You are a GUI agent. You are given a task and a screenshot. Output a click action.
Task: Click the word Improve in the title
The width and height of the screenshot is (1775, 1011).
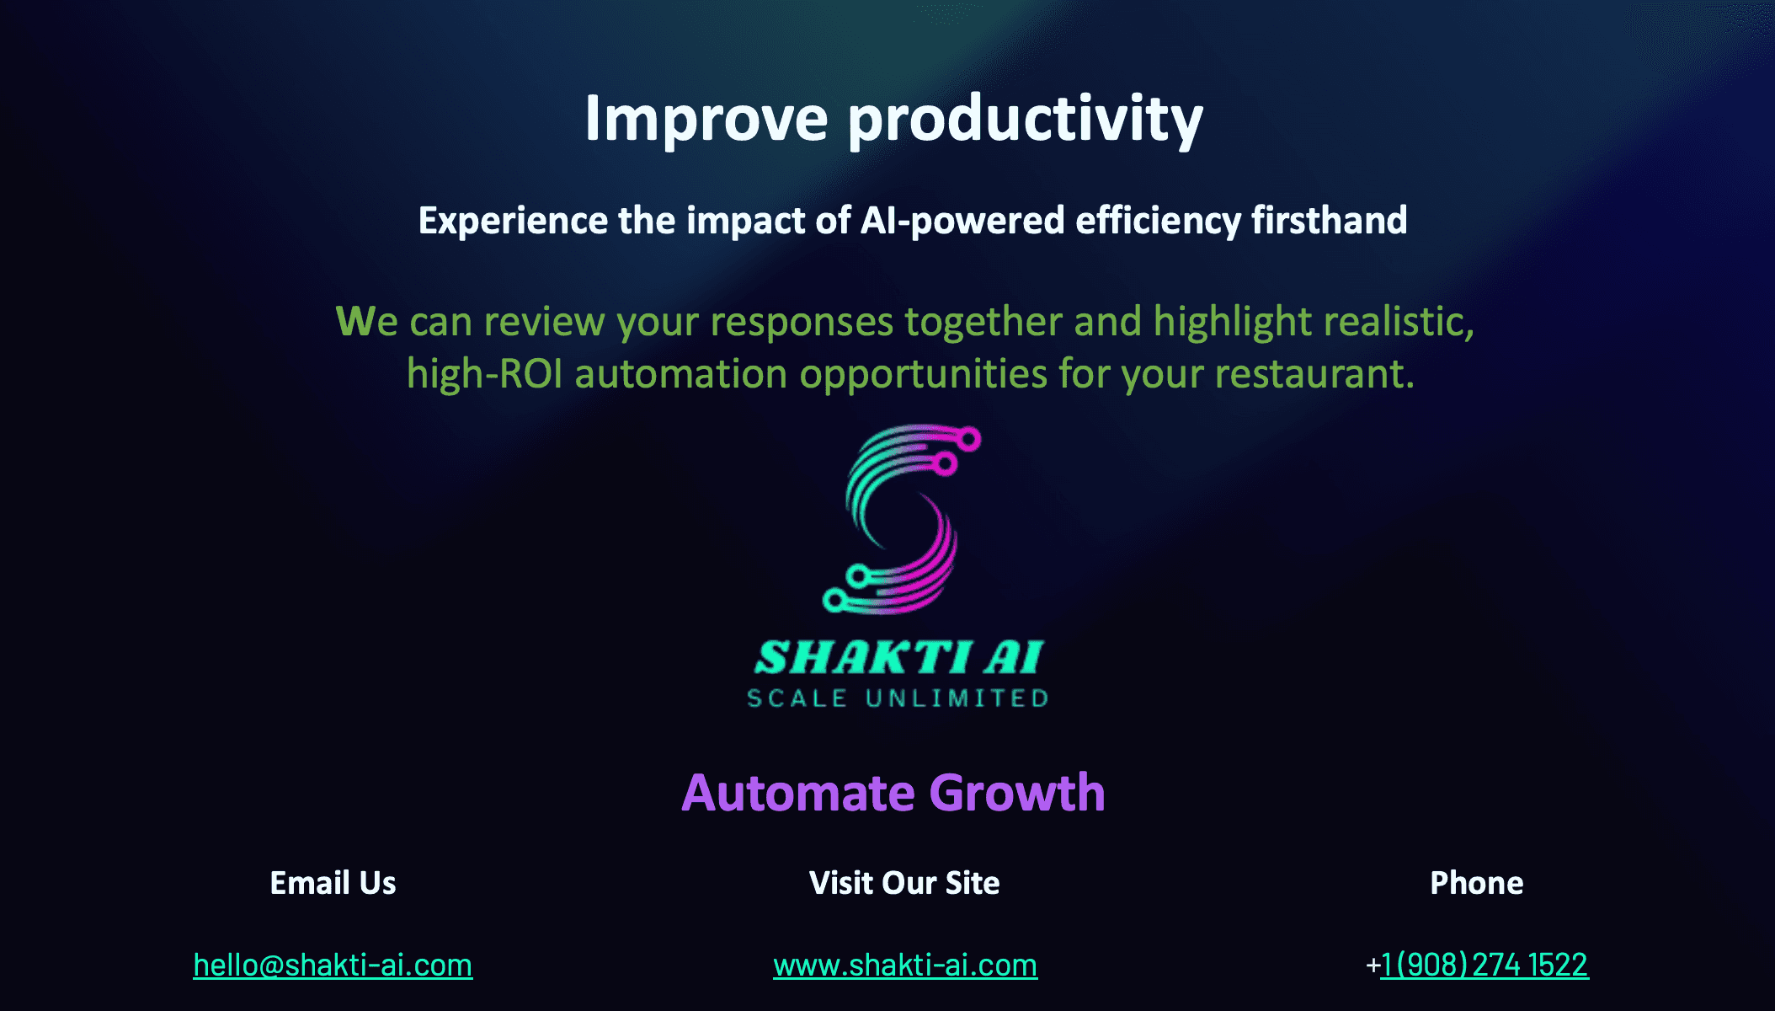[706, 120]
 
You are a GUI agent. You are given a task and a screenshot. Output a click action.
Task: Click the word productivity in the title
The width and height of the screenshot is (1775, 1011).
[1026, 120]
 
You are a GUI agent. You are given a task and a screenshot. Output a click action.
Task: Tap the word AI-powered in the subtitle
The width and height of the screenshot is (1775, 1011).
[962, 221]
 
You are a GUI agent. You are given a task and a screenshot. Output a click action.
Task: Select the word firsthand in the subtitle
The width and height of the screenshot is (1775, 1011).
[1329, 220]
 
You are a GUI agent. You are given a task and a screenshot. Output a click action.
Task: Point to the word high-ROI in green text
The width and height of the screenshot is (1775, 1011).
[485, 374]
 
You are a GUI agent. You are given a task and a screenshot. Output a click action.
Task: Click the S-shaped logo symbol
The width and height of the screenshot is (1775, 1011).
[902, 519]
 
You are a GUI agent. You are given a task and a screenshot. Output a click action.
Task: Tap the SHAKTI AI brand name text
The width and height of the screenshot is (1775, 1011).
[898, 657]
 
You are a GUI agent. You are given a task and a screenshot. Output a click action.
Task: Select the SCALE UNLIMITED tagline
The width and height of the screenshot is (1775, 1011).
[898, 698]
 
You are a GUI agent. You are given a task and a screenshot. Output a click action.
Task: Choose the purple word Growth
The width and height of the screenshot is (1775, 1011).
[1017, 793]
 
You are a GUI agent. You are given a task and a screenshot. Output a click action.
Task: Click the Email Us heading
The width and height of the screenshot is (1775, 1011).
[333, 883]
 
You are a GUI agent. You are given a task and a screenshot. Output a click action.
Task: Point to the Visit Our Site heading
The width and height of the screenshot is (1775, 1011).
[904, 883]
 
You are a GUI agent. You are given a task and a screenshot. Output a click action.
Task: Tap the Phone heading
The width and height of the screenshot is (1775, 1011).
[1477, 883]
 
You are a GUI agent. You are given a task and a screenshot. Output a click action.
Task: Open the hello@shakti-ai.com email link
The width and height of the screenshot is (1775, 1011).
[333, 965]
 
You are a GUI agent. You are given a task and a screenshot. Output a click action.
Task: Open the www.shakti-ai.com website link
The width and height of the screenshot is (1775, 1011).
[905, 965]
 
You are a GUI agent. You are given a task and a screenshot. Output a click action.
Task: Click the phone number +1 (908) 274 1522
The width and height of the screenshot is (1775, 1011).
[1477, 965]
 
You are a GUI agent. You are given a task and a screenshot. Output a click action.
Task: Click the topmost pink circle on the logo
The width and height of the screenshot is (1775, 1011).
[969, 439]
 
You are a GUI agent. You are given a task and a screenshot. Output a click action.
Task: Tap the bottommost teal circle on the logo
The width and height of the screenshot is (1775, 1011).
[834, 601]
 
